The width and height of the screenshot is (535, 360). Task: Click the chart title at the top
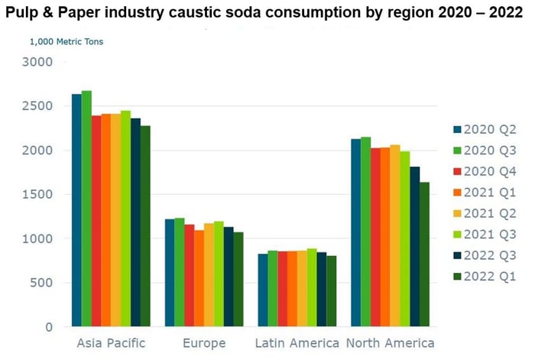tap(267, 15)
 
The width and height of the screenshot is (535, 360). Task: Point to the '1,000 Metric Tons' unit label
tap(66, 42)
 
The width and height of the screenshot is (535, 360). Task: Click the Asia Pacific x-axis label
tap(111, 343)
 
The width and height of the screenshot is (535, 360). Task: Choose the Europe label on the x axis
tap(204, 343)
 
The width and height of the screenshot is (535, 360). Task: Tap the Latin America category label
tap(297, 343)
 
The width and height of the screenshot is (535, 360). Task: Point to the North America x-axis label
tap(390, 343)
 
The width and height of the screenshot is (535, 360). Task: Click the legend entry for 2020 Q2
tap(480, 129)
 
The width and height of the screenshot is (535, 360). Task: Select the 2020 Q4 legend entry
tap(480, 169)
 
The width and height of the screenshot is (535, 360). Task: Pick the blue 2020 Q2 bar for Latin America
tap(263, 290)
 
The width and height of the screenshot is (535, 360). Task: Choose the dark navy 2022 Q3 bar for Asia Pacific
tap(135, 222)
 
